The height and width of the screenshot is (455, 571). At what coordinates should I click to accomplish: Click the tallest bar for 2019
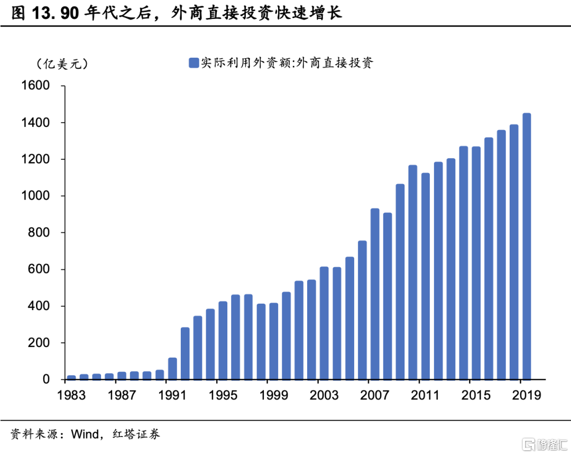pyautogui.click(x=527, y=247)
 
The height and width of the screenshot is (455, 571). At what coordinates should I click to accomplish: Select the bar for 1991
pyautogui.click(x=172, y=369)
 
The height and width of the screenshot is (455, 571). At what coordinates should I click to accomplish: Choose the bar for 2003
pyautogui.click(x=324, y=323)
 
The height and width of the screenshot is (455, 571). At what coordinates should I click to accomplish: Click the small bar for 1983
pyautogui.click(x=71, y=377)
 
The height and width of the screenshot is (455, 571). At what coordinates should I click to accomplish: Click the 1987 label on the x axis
pyautogui.click(x=122, y=395)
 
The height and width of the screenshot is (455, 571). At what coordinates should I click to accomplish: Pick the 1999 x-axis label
pyautogui.click(x=274, y=395)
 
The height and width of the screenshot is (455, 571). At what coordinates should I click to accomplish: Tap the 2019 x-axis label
pyautogui.click(x=527, y=395)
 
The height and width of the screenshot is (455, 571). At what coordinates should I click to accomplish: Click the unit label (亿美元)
pyautogui.click(x=62, y=64)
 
